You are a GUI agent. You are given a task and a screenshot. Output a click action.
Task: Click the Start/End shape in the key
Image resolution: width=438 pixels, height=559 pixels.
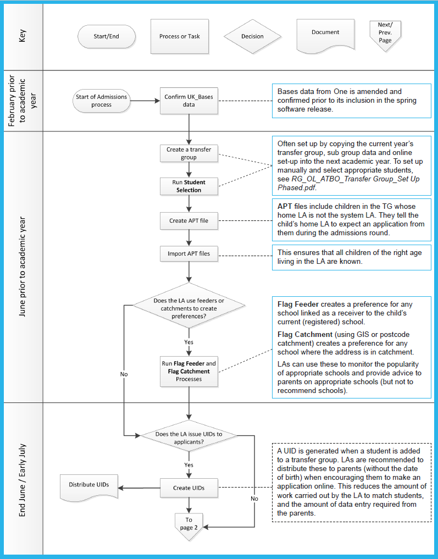click(x=107, y=36)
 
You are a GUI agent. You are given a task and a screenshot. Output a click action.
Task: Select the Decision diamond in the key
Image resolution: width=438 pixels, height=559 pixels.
click(x=252, y=36)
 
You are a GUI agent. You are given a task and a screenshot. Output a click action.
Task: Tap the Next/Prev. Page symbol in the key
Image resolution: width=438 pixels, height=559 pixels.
click(x=385, y=36)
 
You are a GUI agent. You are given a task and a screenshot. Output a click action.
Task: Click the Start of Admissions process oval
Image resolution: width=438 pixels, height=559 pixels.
click(x=101, y=101)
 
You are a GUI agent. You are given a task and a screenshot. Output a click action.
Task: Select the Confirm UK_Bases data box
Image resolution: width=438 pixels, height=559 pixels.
click(x=189, y=101)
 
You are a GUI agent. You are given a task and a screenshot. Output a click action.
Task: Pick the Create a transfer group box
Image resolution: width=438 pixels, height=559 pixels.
click(x=189, y=153)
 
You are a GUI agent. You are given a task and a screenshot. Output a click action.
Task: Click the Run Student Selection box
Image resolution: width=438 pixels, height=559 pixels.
click(x=189, y=186)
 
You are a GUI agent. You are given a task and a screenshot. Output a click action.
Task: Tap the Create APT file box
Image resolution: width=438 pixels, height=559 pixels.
click(x=189, y=220)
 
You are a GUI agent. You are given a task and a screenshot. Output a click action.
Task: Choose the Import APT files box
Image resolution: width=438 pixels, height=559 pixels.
click(x=189, y=254)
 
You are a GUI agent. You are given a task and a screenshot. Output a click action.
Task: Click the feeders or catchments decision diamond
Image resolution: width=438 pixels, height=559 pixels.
click(x=189, y=306)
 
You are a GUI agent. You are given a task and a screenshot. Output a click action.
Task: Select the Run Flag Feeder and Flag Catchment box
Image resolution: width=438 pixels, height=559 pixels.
click(x=189, y=372)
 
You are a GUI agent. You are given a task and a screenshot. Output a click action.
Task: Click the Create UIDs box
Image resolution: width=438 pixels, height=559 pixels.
click(x=189, y=488)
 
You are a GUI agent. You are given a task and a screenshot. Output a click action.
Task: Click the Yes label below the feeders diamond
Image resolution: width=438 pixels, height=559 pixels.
click(x=189, y=342)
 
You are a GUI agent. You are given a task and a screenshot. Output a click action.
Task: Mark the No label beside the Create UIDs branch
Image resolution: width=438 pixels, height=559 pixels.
click(x=254, y=499)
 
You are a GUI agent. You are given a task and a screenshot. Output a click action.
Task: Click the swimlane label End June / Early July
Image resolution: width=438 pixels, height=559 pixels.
click(x=23, y=480)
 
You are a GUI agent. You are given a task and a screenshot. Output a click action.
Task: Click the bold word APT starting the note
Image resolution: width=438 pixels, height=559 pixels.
click(x=285, y=207)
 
